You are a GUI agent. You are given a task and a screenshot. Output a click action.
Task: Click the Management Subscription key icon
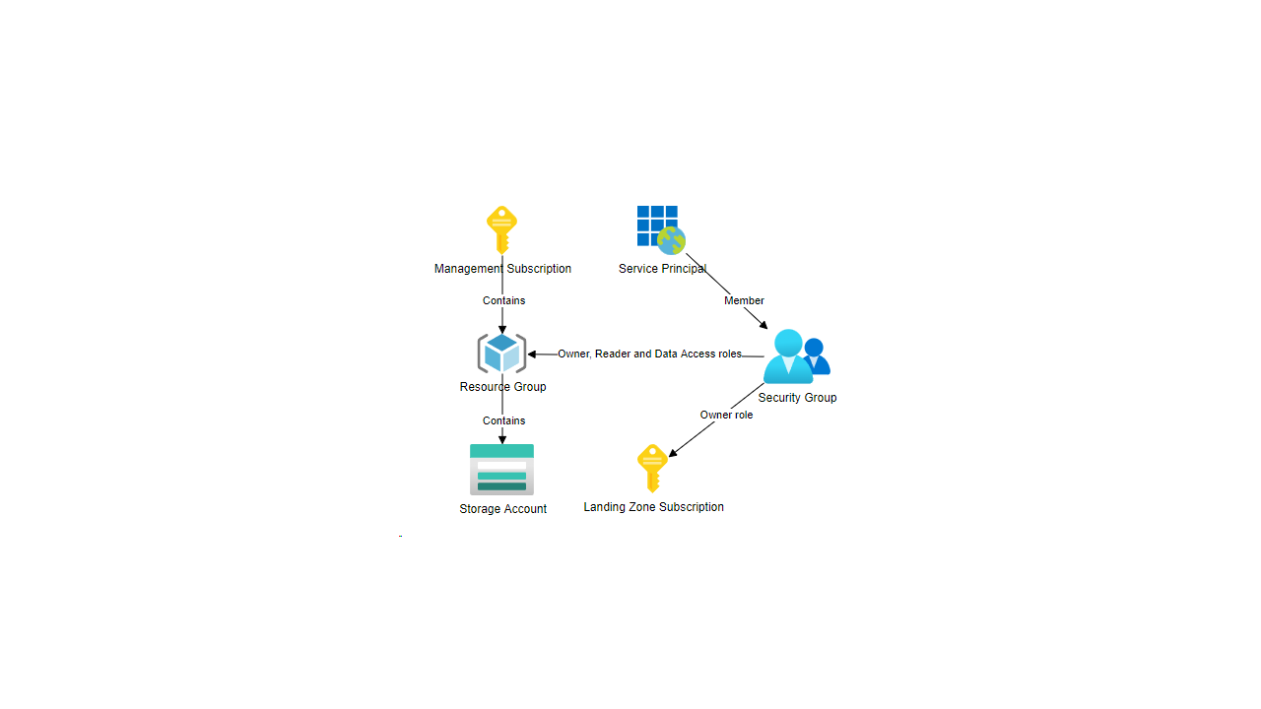[502, 229]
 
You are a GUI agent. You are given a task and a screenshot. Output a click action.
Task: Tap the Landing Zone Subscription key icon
[652, 468]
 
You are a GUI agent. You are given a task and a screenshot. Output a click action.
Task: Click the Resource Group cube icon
[502, 354]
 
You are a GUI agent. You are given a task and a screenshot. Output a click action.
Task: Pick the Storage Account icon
[502, 470]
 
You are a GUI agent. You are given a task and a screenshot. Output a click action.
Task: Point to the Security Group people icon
[796, 356]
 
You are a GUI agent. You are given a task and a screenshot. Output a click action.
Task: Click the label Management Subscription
[502, 269]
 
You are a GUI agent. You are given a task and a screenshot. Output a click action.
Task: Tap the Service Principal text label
[662, 269]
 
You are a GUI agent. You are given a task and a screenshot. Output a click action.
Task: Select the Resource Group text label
[502, 387]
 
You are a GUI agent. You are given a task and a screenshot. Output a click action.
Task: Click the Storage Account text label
[502, 509]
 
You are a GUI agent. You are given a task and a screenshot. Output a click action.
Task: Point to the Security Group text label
[797, 398]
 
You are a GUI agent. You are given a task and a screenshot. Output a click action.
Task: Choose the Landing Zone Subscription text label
[653, 507]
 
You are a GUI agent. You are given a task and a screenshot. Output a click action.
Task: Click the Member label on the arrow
[744, 300]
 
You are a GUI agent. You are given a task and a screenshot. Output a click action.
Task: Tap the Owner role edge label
[726, 415]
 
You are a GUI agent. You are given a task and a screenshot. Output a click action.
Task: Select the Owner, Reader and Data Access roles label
[649, 354]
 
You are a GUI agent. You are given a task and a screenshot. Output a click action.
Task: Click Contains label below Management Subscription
[503, 300]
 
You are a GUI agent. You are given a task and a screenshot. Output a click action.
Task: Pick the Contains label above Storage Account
[503, 420]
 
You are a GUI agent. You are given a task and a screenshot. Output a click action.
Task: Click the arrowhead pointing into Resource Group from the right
[532, 354]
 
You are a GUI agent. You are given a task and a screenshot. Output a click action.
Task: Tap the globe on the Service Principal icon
[671, 240]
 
